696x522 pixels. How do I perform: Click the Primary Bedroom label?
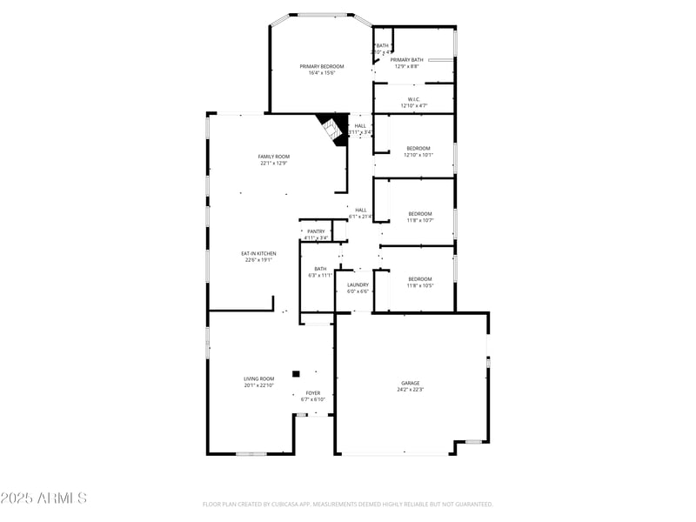point(322,66)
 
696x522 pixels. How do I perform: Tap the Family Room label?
point(272,157)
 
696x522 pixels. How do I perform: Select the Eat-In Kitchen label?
point(258,253)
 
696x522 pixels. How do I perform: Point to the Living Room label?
point(258,378)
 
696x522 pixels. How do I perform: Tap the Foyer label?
point(313,393)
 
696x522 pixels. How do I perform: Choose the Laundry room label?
point(358,284)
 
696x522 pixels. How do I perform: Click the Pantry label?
point(316,231)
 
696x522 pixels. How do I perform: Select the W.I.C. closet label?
point(414,99)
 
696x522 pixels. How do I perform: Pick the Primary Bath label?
point(407,59)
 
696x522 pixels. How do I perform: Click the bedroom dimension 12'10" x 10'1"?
point(418,155)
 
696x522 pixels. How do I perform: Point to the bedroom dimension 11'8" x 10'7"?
point(420,220)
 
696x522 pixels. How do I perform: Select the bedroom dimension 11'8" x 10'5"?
point(420,285)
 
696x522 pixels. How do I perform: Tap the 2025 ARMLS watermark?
point(43,499)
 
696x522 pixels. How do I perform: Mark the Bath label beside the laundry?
point(320,269)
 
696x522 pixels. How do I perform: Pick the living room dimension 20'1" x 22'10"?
point(258,385)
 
